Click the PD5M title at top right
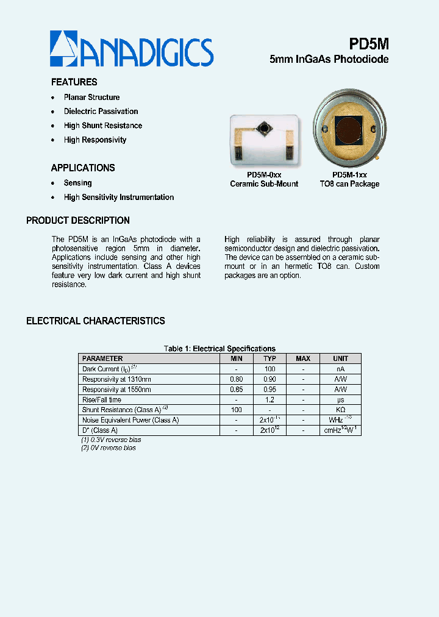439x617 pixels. pos(368,44)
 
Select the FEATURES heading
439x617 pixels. pos(74,82)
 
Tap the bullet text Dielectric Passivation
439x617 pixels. pos(101,112)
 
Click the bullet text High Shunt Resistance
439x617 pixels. pos(102,126)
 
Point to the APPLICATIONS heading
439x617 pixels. pos(82,168)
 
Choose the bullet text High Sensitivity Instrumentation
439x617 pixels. pos(118,198)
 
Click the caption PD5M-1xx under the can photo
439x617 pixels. pos(349,174)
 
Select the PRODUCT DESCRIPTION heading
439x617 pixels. pos(77,221)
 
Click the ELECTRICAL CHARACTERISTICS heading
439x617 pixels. pos(95,321)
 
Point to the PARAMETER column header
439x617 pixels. pos(102,358)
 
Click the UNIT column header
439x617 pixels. pos(340,358)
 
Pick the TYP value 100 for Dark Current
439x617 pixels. pos(269,369)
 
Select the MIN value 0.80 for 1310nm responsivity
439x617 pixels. pos(237,379)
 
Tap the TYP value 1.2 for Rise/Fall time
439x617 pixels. pos(269,400)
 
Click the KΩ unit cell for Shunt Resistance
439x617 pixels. pos(340,410)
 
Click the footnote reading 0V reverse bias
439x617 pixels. pos(108,448)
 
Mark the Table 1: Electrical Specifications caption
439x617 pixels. pos(220,349)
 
